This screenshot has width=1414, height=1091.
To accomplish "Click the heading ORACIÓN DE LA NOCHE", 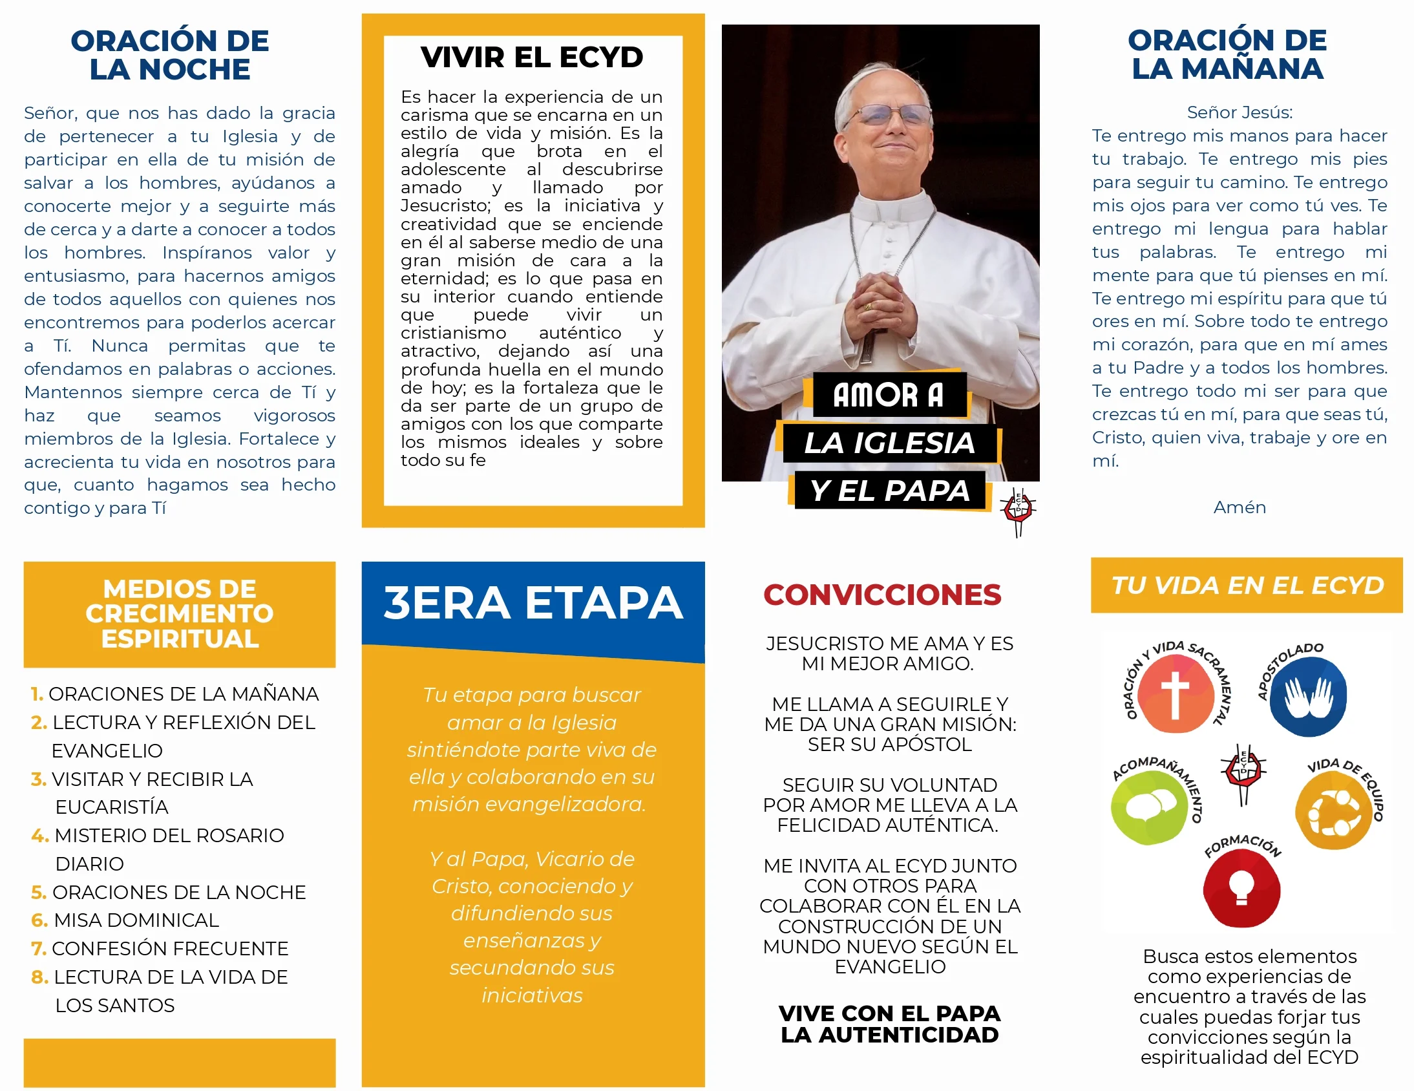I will point(169,55).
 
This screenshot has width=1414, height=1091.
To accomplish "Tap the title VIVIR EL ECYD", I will point(532,58).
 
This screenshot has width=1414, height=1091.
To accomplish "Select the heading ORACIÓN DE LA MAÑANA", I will point(1227,55).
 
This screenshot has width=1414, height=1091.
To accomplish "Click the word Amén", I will point(1240,507).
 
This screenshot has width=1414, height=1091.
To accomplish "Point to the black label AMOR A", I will point(888,395).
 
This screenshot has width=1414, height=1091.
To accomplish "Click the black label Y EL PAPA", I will point(890,491).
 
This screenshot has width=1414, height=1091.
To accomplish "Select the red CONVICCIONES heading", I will point(881,595).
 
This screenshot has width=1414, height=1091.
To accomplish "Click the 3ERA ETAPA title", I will point(533,603).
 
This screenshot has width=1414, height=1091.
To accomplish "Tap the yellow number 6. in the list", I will point(39,920).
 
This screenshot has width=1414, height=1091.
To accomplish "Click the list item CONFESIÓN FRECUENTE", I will point(169,949).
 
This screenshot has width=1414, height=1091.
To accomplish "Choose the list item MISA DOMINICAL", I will point(136,920).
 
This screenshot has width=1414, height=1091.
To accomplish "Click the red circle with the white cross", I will point(1174,694).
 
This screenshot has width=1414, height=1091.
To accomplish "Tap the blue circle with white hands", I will point(1308,697).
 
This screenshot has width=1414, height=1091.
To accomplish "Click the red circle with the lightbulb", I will point(1241,887).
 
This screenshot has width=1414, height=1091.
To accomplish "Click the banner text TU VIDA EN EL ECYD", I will point(1247,586).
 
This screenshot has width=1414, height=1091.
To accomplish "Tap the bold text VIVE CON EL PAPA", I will point(889,1013).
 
